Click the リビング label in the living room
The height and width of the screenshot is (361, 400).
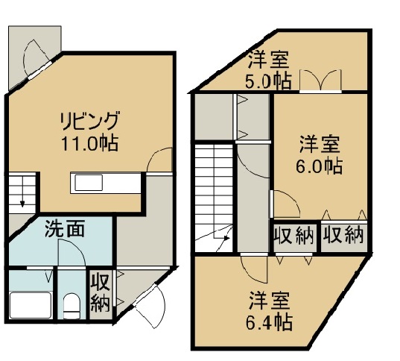click(x=89, y=121)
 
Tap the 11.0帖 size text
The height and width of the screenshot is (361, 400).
click(x=89, y=143)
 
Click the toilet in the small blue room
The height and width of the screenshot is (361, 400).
click(x=72, y=306)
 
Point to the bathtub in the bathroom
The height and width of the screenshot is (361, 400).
click(x=31, y=305)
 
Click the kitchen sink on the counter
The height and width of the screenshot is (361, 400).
click(x=89, y=183)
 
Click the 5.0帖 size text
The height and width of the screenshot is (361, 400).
click(x=268, y=81)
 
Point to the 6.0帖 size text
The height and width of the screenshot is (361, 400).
click(x=319, y=166)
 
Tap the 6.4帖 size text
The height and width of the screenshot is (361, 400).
click(x=269, y=323)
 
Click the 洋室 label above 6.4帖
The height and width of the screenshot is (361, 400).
click(x=270, y=301)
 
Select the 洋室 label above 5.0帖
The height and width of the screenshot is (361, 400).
click(x=269, y=60)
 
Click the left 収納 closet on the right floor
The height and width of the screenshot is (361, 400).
click(x=294, y=234)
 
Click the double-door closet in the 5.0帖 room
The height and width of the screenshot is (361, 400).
click(x=320, y=81)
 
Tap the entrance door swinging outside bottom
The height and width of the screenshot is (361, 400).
click(x=150, y=307)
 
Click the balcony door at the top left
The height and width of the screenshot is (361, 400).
click(x=36, y=60)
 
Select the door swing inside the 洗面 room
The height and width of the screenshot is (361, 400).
click(x=72, y=253)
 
